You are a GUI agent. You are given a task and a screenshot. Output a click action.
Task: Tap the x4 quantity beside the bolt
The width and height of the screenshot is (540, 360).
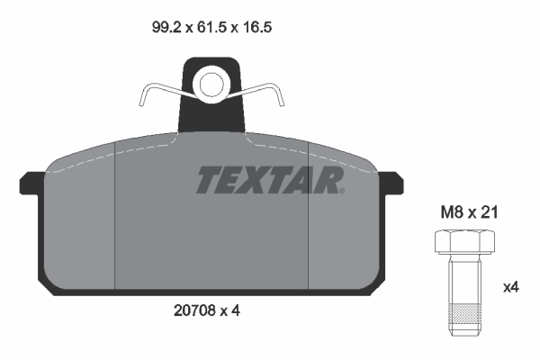[x=510, y=288]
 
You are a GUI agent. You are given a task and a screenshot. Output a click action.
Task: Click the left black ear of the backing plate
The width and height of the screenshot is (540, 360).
[x=29, y=183]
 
